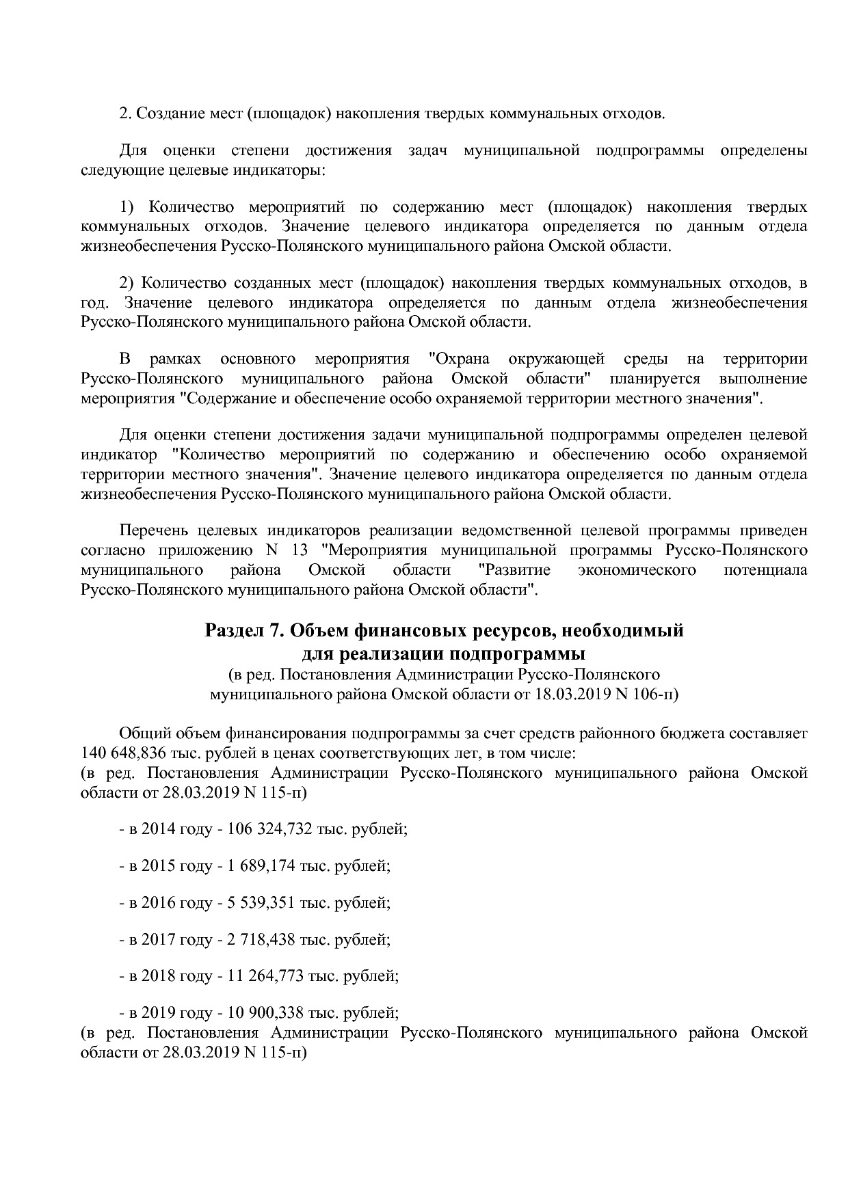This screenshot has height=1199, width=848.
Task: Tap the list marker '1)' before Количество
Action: (129, 207)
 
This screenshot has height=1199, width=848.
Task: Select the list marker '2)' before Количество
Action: (129, 283)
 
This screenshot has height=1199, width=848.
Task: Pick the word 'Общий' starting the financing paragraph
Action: (144, 734)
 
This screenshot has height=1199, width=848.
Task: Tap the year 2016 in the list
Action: (158, 903)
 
